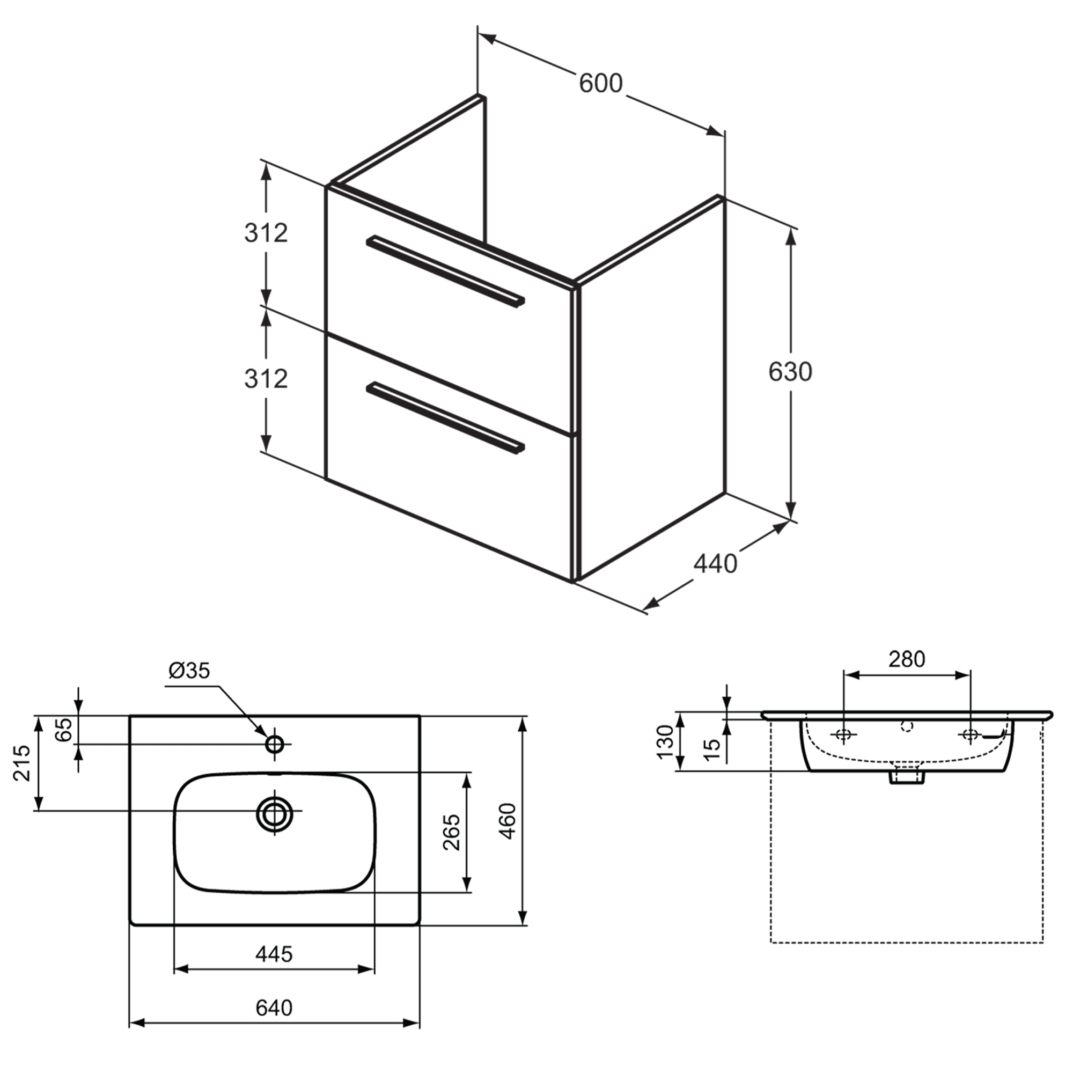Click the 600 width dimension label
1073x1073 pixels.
point(601,84)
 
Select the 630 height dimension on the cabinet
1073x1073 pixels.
point(790,372)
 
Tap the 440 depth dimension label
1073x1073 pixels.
point(715,564)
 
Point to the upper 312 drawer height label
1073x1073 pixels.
point(266,233)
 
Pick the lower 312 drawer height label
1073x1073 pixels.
point(266,379)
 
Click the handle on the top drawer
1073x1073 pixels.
point(445,270)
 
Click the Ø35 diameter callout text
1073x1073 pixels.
point(189,671)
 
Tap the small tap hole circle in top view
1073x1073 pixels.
point(274,744)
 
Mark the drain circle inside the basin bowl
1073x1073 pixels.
point(274,815)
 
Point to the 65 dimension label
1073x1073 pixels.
point(65,729)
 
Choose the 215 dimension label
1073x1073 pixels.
point(22,763)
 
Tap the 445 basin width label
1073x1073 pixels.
point(274,954)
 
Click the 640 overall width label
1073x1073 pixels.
point(274,1008)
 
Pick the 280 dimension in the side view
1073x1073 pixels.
point(906,659)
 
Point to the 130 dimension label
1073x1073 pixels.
point(665,743)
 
